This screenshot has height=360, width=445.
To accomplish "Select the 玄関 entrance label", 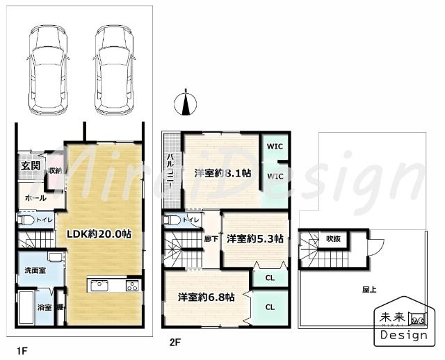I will pos(29,166).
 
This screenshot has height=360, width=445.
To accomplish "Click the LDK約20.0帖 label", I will pos(99,234).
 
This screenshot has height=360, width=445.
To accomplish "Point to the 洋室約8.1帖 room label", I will pos(222,173).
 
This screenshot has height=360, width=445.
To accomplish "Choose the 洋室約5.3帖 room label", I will pos(254,238).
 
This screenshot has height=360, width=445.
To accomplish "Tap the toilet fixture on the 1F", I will pos(26,220).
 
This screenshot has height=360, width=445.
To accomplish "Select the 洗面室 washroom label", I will pos(35,270).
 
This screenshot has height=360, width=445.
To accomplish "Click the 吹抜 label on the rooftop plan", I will pos(333,239).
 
